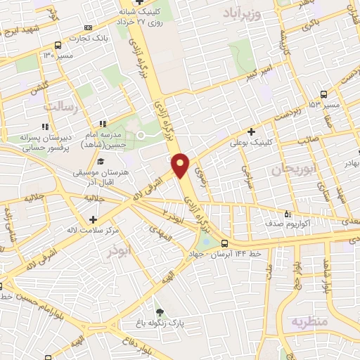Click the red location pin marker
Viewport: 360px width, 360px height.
[x=181, y=164]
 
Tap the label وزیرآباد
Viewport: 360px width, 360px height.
[x=243, y=14]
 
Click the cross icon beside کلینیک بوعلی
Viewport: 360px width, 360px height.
[x=251, y=131]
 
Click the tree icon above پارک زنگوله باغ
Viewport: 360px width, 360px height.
[x=160, y=311]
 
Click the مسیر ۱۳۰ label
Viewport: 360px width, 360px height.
[x=58, y=54]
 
